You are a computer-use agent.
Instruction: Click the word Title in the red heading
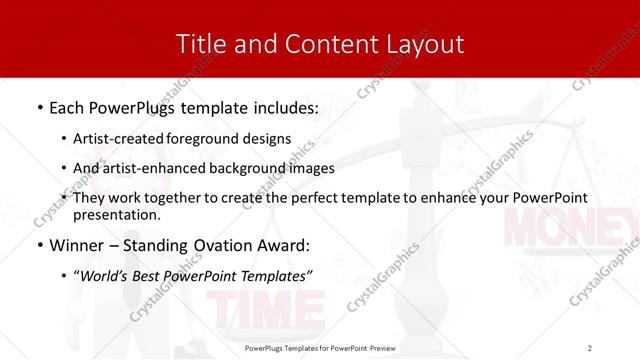point(200,44)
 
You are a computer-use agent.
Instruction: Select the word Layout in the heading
point(424,44)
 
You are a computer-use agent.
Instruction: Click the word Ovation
point(233,244)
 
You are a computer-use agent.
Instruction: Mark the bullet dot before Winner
point(39,245)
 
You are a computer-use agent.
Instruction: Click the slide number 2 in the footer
point(590,348)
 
